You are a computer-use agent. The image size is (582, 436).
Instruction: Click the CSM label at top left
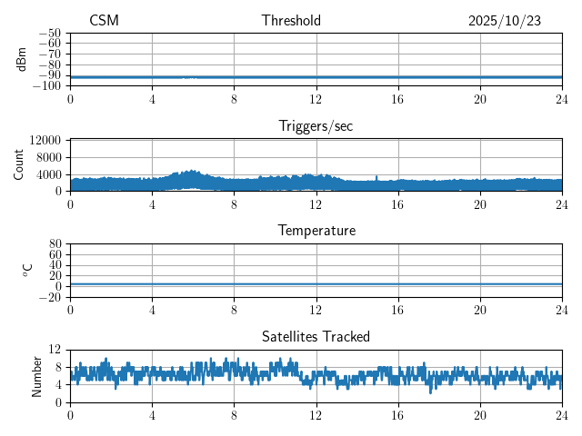coord(104,21)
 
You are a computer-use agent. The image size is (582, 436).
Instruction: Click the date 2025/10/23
coord(505,21)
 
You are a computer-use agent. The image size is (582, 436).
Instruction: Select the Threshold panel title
coord(291,21)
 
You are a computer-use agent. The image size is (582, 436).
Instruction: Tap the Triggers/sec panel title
coord(316,126)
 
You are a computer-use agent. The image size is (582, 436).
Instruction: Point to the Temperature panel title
coord(316,231)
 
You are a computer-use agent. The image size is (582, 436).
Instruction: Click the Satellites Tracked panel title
coord(316,336)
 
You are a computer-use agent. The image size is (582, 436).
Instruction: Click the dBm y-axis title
coord(21,59)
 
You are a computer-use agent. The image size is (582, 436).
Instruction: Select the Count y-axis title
coord(19,164)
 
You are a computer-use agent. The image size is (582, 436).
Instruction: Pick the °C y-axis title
coord(27,270)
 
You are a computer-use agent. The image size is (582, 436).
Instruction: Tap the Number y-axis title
coord(36,375)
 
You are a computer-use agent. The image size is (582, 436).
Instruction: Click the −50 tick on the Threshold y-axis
coord(49,33)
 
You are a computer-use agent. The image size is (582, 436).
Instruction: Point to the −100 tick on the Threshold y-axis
coord(46,85)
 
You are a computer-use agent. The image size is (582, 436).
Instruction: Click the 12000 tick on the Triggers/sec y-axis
coord(45,141)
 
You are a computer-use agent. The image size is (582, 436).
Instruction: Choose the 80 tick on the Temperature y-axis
coord(55,244)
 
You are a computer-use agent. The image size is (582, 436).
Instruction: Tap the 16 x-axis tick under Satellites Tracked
coord(398,415)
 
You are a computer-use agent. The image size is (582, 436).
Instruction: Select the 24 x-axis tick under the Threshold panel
coord(562,99)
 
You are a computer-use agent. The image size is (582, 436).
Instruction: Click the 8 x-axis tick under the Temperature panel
coord(234,310)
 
